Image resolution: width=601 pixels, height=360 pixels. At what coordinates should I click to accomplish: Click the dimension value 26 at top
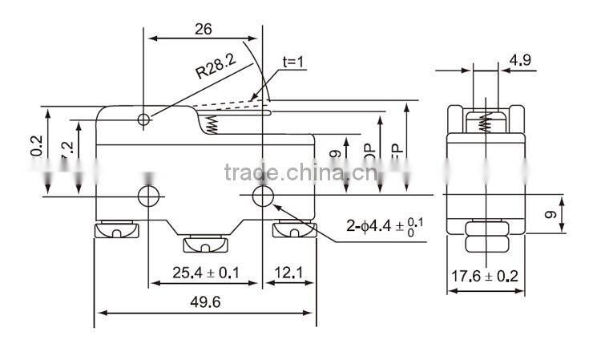point(203,29)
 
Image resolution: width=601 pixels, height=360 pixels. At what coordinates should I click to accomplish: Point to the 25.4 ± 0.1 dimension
point(206,273)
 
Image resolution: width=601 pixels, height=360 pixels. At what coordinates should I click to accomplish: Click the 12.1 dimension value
point(286,273)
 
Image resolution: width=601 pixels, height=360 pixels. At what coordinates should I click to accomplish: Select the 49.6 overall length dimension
point(206,303)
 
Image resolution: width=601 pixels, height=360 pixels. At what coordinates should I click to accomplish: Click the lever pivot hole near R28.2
point(144,120)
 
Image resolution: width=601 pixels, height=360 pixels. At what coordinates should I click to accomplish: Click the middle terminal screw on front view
point(206,244)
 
